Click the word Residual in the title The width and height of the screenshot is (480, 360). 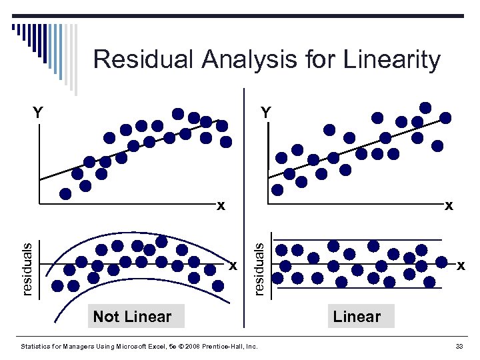tap(137, 59)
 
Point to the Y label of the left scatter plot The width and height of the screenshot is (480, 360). tap(39, 113)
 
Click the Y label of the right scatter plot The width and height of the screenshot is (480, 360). tap(266, 113)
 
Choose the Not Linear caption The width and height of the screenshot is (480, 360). tap(132, 317)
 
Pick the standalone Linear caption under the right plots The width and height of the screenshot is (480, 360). tap(357, 317)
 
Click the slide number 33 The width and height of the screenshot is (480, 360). tap(459, 347)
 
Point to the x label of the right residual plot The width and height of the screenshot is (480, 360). tap(460, 266)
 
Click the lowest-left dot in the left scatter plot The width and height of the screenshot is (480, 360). tap(65, 194)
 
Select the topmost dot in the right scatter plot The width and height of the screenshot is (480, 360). tap(425, 107)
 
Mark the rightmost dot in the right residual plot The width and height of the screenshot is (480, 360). tap(441, 263)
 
